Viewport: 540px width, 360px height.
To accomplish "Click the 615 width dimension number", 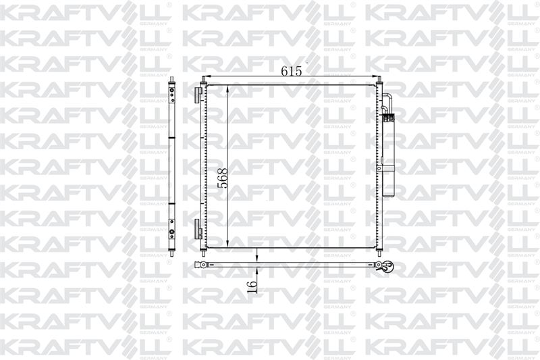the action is point(292,71).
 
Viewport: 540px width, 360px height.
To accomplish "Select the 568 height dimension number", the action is point(223,178).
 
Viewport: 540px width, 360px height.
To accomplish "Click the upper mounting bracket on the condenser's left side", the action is point(197,95).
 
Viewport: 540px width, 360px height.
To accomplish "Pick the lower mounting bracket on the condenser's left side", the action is point(197,229).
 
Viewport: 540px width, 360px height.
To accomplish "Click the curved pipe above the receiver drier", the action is point(387,101).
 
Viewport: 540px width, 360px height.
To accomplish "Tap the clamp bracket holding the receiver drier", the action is point(380,168).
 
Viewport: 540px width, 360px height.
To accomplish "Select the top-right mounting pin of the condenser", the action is point(379,80).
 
